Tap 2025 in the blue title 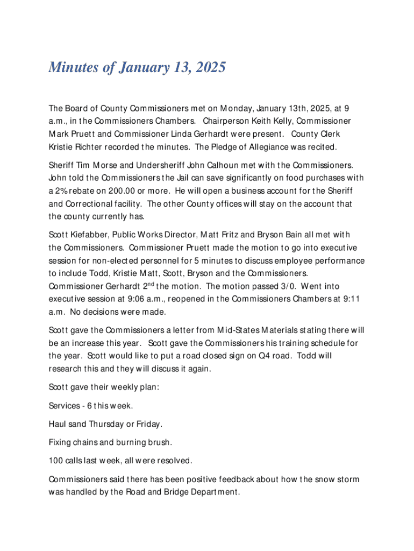pyautogui.click(x=208, y=68)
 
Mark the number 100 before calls pyautogui.click(x=56, y=461)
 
